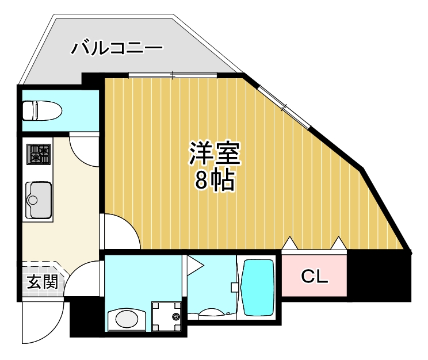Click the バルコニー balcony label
point(117,48)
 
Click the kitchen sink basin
point(39,200)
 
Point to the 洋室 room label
point(215,154)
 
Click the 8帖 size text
point(214,181)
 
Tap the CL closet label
point(315,277)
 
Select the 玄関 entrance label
point(41,282)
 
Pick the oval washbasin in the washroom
point(127,318)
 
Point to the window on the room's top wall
point(173,75)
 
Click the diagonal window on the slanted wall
point(284,106)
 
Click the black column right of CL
point(380,276)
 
